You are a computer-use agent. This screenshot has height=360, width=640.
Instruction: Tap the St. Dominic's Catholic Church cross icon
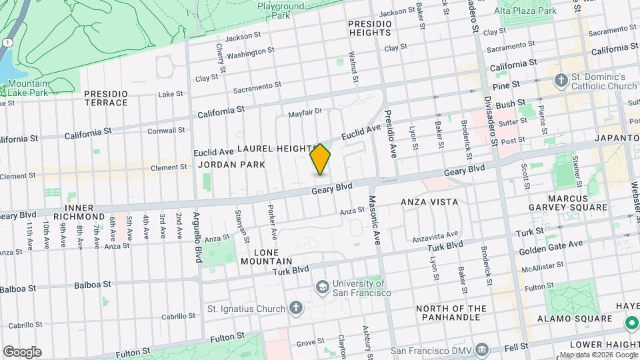coord(561,80)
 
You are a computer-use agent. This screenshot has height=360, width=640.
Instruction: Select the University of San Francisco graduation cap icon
coord(323,286)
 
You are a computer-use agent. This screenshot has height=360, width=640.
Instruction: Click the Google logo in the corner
coord(22,352)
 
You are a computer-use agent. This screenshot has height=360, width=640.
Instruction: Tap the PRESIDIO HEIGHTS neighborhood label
coord(369,27)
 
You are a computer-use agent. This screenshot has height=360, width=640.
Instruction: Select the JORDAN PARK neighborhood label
coord(231,165)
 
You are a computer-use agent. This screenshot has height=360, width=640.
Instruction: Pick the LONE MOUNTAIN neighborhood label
coord(273,257)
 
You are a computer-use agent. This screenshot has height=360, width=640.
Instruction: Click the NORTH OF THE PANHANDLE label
coord(451,313)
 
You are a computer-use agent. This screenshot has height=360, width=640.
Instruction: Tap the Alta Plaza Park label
coord(525,11)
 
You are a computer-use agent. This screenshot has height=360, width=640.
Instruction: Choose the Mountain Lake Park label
coord(28,89)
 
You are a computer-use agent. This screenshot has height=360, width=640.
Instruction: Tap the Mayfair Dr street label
coord(305,113)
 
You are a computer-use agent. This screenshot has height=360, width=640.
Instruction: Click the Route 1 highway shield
coord(6,43)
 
